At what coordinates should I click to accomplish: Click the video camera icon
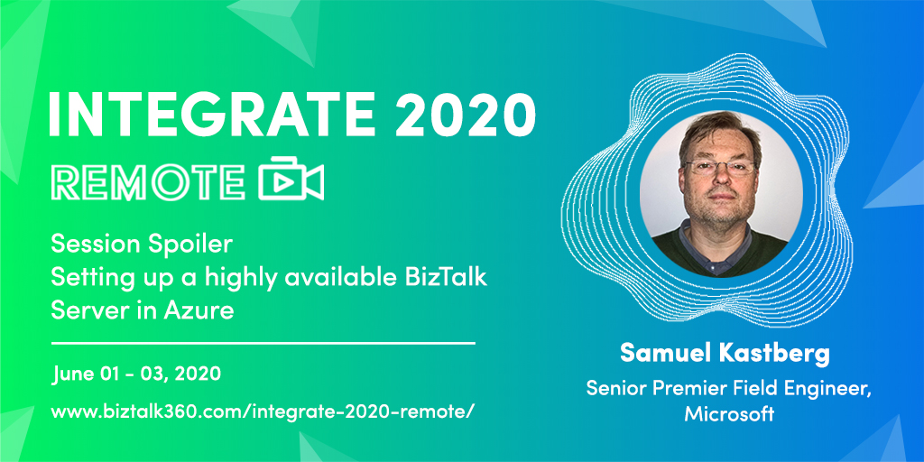[291, 181]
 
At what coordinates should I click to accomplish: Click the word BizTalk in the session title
[443, 277]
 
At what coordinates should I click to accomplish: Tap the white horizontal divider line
[263, 343]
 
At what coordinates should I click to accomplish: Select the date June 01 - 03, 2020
[136, 373]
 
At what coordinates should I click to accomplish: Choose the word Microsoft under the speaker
[729, 414]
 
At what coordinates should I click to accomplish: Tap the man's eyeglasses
[719, 168]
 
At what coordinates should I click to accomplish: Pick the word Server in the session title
[80, 311]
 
